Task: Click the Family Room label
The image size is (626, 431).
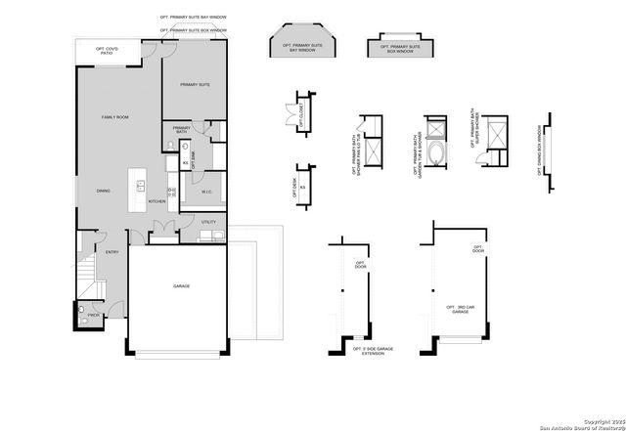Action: pos(115,117)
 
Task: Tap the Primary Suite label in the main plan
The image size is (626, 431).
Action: pos(195,85)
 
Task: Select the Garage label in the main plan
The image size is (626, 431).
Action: pos(181,286)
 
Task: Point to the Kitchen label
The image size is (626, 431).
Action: pos(156,201)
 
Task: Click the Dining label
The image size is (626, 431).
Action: pos(103,191)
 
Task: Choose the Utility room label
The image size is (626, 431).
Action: pos(208,222)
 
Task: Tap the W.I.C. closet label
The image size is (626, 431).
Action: pos(207,192)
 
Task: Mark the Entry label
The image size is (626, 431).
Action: pos(112,252)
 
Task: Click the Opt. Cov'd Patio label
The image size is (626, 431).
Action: pos(107,51)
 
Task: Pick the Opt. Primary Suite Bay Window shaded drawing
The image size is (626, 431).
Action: pos(302,45)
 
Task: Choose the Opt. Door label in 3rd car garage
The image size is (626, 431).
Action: pos(478,248)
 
